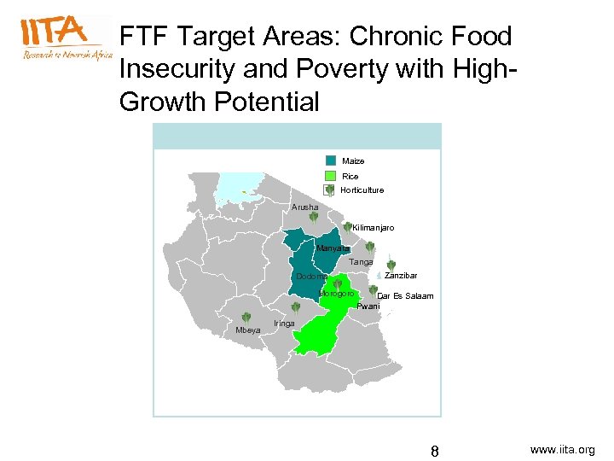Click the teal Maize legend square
[x=331, y=160]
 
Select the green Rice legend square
[x=331, y=176]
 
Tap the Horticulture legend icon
[x=330, y=190]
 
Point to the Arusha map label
[x=304, y=207]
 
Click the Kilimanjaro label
[x=373, y=228]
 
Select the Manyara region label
[x=331, y=248]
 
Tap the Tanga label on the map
[x=361, y=262]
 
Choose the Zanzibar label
[x=400, y=276]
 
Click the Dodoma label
[x=311, y=277]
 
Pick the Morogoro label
[x=336, y=294]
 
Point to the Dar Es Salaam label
[x=405, y=296]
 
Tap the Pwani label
[x=368, y=306]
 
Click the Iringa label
[x=284, y=324]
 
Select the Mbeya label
[x=248, y=330]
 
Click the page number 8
[x=434, y=450]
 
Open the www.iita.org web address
[x=562, y=449]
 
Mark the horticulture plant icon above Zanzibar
[x=391, y=266]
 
